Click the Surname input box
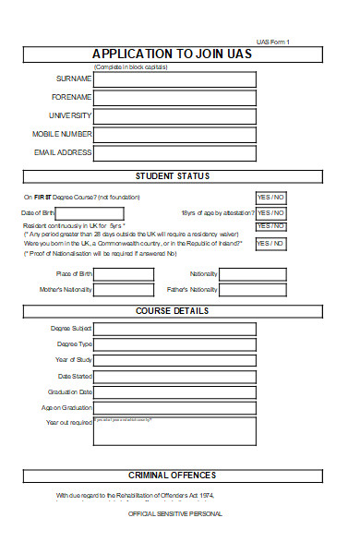click(174, 78)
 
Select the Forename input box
click(174, 97)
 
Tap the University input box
click(174, 115)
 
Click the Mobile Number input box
click(174, 135)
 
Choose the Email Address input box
click(174, 153)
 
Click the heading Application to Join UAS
click(173, 54)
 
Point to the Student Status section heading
click(173, 175)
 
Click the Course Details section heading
click(173, 310)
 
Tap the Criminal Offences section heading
click(173, 476)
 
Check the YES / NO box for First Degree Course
click(270, 198)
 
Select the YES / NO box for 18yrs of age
click(270, 213)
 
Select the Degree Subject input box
click(174, 329)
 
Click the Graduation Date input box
click(174, 392)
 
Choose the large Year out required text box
click(174, 430)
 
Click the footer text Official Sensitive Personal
click(175, 513)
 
